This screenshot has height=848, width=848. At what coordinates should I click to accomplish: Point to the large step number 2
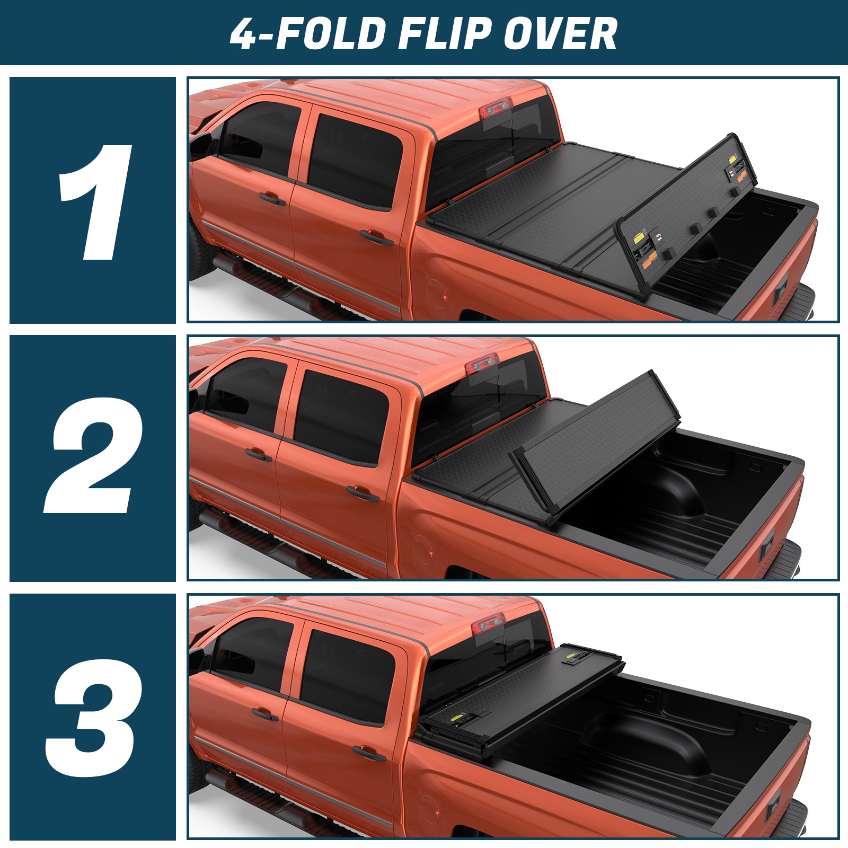(93, 456)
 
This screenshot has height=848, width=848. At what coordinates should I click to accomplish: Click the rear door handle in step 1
(376, 236)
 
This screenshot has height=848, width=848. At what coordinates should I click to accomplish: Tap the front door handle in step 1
(272, 198)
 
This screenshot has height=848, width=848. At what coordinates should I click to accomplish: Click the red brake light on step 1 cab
(496, 109)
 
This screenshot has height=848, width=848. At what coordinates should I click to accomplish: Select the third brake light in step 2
(482, 365)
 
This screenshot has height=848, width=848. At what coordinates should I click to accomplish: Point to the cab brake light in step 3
(488, 624)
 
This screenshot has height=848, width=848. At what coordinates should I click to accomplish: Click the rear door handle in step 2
(363, 493)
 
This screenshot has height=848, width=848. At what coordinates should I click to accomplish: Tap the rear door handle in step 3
(369, 753)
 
